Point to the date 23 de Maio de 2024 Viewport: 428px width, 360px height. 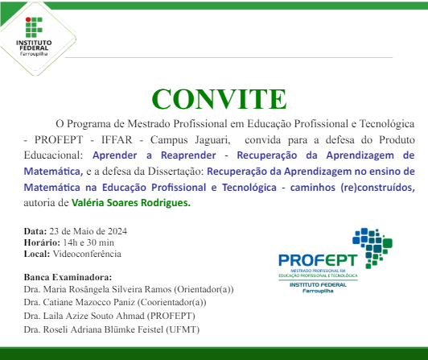pos(84,231)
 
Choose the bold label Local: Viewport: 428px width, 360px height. pos(37,254)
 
